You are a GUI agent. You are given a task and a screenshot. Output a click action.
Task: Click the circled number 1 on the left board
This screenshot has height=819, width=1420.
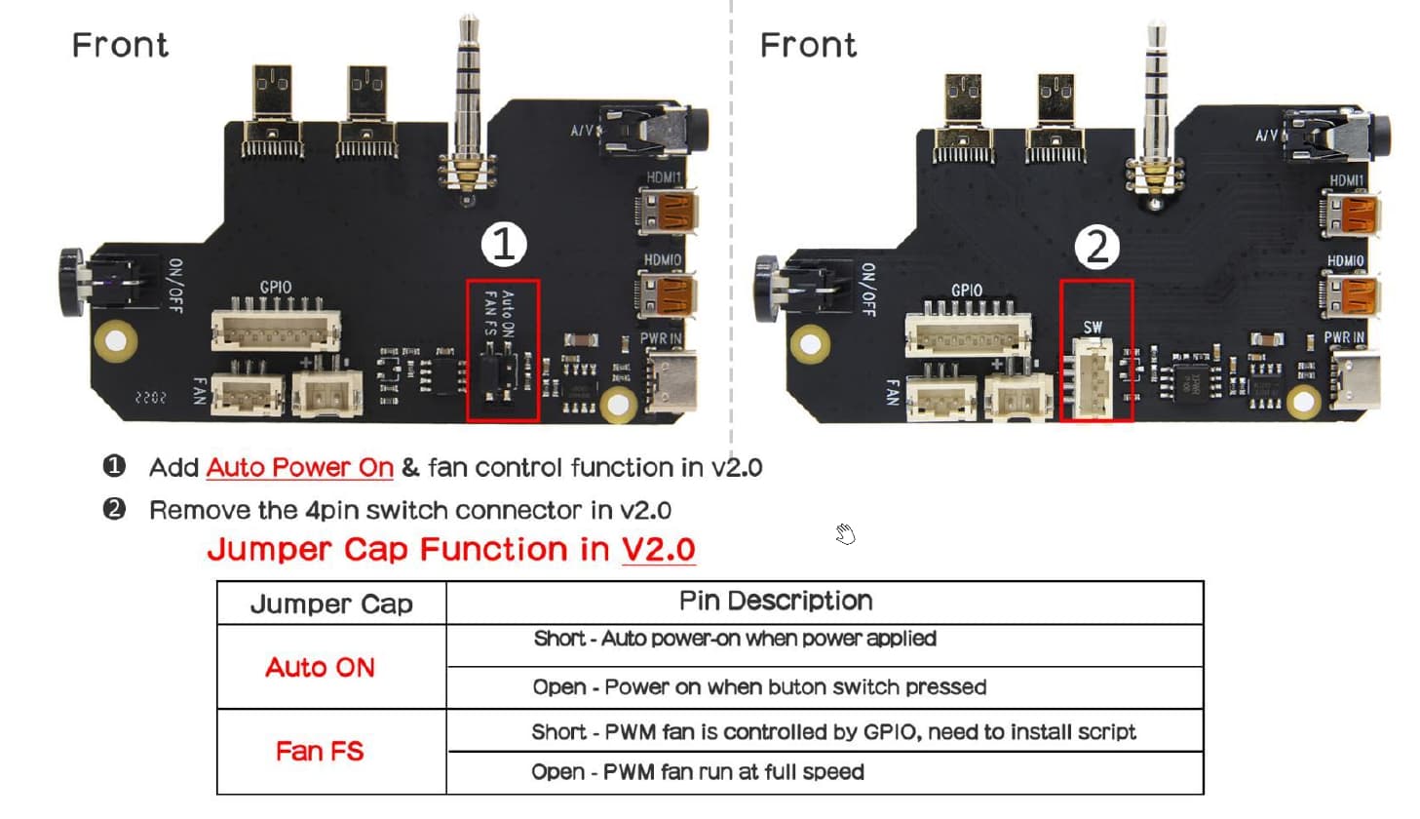(503, 244)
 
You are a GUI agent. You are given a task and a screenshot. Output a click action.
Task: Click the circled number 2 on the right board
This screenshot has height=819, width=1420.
(1096, 247)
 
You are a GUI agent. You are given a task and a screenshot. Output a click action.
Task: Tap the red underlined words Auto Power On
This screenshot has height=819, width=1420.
(299, 468)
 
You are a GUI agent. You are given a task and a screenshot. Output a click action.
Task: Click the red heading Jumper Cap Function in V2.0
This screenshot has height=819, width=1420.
(450, 550)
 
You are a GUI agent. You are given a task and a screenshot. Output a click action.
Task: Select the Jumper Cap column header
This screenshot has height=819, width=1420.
(331, 604)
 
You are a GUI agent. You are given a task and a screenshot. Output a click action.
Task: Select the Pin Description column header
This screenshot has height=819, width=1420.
(776, 601)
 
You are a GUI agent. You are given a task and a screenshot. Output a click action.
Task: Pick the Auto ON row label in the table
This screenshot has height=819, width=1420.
(320, 668)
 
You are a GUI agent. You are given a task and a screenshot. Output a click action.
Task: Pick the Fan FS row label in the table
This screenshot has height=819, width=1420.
(320, 752)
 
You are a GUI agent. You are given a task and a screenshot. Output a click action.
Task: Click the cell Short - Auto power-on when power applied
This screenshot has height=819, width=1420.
(735, 639)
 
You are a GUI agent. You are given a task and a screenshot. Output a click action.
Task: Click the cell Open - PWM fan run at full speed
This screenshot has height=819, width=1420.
(698, 772)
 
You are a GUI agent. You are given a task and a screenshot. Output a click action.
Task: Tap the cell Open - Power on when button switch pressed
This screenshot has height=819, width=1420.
(759, 687)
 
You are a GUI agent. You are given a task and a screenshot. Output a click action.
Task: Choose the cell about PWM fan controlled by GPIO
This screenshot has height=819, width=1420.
(833, 732)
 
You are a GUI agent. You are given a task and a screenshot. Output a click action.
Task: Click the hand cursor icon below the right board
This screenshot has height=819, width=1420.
(845, 534)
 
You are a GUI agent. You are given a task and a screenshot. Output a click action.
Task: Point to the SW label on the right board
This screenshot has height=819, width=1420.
(1093, 328)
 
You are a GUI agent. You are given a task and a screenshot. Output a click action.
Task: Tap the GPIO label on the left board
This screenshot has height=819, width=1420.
(276, 288)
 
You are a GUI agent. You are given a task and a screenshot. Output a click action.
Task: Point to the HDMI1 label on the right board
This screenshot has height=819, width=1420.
(1347, 180)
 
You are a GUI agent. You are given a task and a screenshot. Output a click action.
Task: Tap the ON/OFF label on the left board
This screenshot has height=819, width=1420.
(175, 286)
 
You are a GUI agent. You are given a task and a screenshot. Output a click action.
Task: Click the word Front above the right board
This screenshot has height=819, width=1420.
(808, 46)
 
